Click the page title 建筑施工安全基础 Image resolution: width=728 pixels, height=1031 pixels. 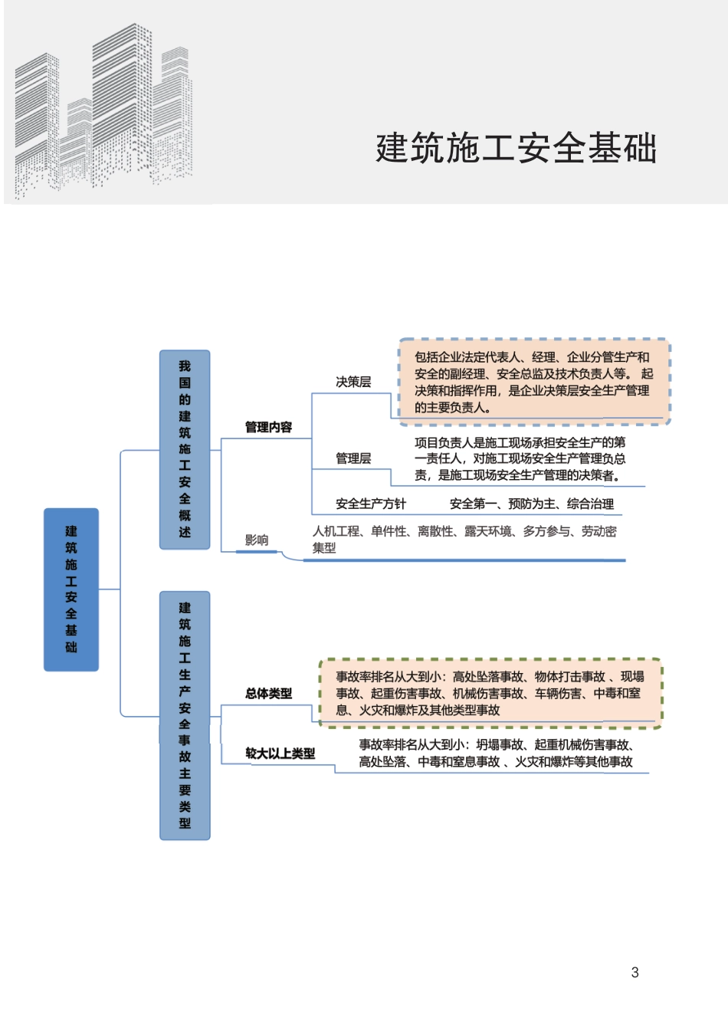pos(516,148)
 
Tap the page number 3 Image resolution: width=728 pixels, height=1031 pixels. pos(635,972)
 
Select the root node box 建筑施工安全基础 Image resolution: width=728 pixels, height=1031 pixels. pos(71,589)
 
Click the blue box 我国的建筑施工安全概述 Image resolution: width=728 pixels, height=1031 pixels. pos(185,449)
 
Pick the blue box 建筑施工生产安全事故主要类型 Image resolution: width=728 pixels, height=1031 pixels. pos(185,714)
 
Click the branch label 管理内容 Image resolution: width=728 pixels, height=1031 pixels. pos(268,427)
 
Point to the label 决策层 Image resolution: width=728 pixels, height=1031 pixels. pos(353,382)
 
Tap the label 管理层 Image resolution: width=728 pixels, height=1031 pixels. pos(353,458)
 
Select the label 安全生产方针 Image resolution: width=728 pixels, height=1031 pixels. pos(371,504)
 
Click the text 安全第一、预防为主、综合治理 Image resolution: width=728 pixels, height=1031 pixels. pos(532,504)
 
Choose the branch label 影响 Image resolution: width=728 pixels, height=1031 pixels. pos(257,540)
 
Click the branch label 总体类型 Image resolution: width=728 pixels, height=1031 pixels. pos(268,693)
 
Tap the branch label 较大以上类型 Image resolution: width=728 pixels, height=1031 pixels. pos(280,754)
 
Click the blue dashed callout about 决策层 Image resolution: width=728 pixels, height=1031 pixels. pos(533,382)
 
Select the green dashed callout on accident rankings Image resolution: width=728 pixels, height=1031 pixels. pos(490,693)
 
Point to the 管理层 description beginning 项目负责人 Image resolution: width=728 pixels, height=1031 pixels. pos(520,458)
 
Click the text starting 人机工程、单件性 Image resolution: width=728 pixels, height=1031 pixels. pos(464,531)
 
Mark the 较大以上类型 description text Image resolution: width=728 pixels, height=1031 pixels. pos(496,753)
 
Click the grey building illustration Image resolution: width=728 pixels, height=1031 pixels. pos(103,111)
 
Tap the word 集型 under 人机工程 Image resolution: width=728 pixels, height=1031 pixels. pos(324,548)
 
